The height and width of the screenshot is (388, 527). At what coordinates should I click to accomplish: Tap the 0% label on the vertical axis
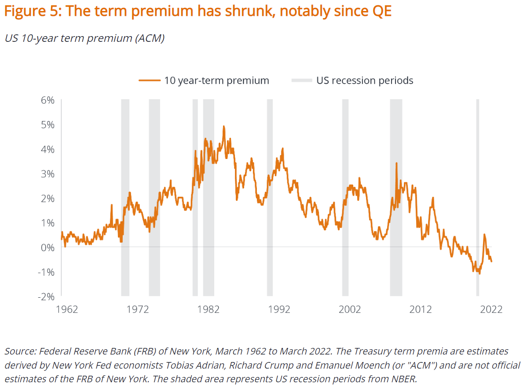coord(48,247)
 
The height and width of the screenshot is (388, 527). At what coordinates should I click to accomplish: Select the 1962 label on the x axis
coord(67,309)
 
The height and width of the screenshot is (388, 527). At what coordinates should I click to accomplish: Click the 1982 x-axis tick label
coord(209,309)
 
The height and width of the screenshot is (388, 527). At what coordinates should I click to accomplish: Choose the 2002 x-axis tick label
coord(350,309)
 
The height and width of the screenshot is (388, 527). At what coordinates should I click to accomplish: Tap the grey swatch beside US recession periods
coord(302,81)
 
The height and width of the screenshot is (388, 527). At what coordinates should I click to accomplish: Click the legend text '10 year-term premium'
coord(216,81)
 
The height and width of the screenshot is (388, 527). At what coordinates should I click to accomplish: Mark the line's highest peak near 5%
coord(223,127)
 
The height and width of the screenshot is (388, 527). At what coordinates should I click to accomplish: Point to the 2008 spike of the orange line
coord(396,163)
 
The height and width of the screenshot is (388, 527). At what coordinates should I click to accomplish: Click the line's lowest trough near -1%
coord(479,273)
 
